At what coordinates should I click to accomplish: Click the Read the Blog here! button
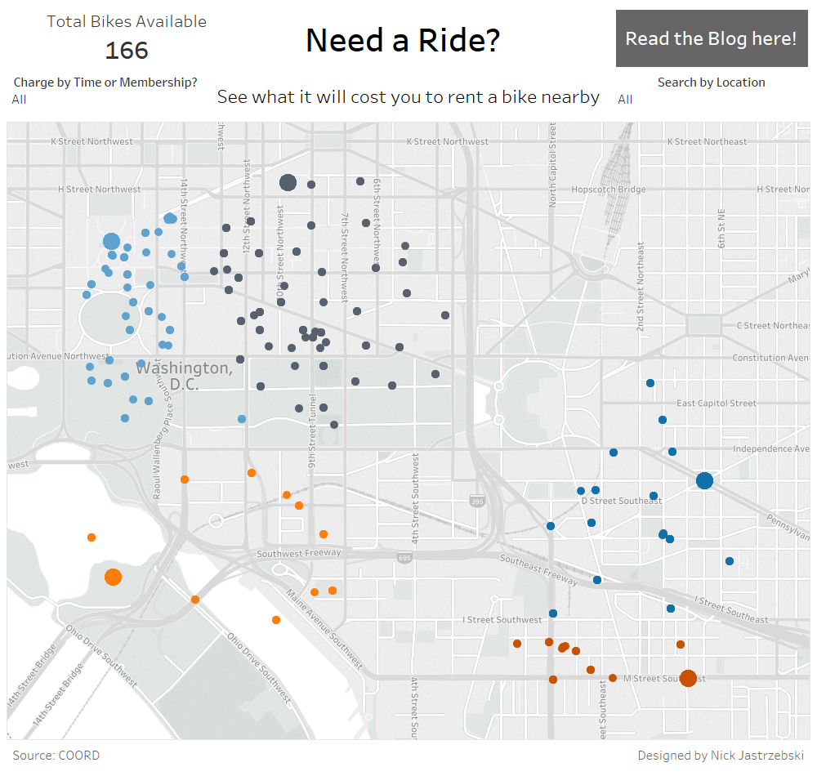[711, 38]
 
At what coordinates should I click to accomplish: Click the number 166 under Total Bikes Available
[127, 51]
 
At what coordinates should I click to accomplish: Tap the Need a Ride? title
[403, 40]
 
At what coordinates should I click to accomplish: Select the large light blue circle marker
[112, 241]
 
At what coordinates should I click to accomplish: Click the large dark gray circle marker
[288, 182]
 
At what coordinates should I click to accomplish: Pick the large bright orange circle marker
[114, 578]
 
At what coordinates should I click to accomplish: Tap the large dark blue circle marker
[704, 480]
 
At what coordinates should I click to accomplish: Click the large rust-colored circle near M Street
[688, 678]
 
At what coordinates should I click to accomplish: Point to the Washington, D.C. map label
[184, 376]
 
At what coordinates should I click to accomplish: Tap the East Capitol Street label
[717, 404]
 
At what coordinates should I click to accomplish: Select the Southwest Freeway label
[298, 553]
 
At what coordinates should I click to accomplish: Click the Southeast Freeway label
[538, 570]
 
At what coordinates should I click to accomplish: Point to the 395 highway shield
[477, 500]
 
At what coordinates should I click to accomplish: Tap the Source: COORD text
[56, 756]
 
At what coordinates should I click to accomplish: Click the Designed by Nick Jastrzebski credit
[721, 756]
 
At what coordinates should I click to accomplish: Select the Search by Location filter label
[711, 83]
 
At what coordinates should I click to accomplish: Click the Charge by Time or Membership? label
[105, 83]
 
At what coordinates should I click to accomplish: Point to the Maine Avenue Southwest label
[325, 629]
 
